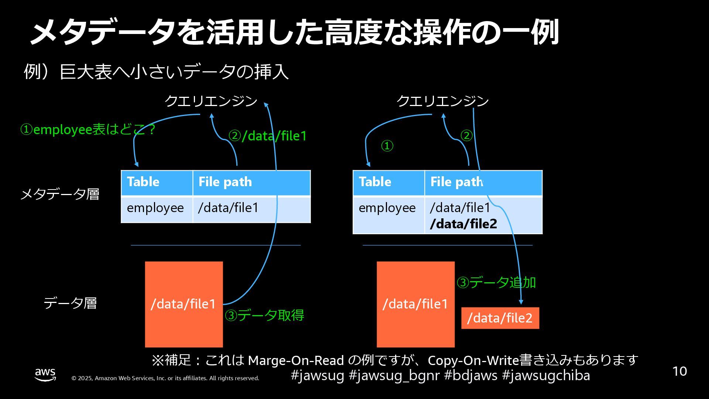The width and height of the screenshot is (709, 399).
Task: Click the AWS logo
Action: point(45,374)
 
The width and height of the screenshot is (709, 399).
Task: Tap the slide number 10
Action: point(679,371)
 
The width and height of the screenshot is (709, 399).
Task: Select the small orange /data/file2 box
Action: point(500,318)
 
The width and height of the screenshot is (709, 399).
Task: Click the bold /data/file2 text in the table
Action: point(464,224)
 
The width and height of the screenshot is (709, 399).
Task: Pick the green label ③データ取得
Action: point(265,316)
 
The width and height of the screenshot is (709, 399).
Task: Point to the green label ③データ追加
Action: point(496,283)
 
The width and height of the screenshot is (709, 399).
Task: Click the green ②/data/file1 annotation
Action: point(268,136)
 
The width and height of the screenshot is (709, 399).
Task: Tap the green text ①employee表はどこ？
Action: point(88,130)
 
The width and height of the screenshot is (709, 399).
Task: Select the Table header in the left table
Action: point(143,182)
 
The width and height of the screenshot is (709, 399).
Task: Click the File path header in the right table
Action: point(457,182)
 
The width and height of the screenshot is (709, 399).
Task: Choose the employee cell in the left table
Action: point(155,208)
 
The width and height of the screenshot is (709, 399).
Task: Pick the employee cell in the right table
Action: point(387,208)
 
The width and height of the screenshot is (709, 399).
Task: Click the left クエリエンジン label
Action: point(211,101)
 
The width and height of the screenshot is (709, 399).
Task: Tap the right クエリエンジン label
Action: point(443,101)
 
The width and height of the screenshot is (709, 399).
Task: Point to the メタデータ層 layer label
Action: point(60,194)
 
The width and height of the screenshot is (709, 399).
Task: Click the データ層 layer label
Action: point(70,303)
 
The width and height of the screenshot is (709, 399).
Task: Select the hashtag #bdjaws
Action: point(470,375)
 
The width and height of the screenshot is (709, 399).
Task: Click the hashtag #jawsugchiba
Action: point(546,375)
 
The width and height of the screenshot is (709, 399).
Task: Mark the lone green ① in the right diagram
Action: point(387,146)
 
